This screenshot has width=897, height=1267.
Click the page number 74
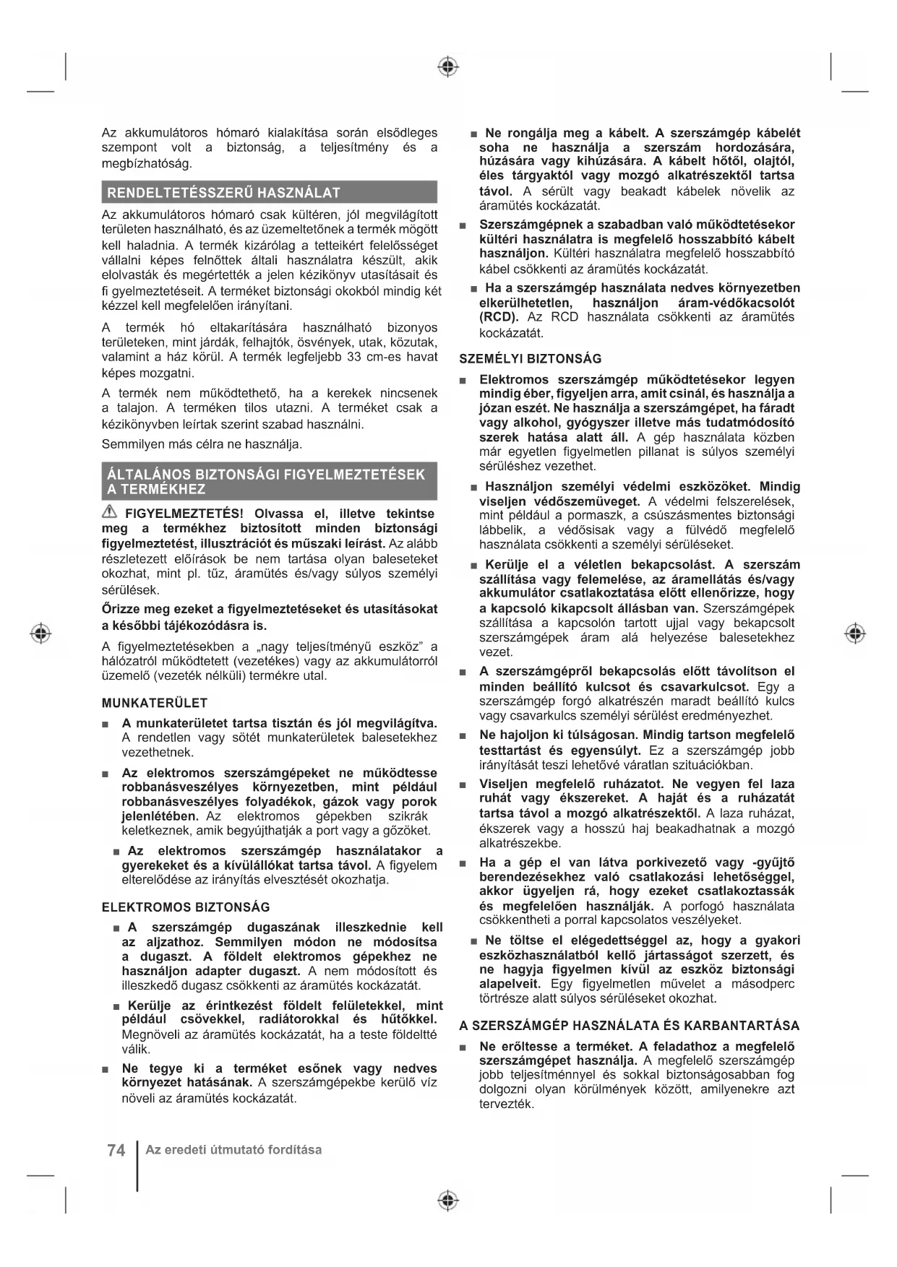[116, 1150]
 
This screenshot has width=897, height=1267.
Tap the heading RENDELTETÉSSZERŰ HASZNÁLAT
[223, 193]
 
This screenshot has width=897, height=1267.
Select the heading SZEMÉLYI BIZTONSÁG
[531, 358]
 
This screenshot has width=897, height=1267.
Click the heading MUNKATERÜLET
[155, 703]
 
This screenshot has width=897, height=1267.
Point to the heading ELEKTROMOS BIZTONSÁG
[186, 907]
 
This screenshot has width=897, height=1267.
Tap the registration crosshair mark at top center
[448, 67]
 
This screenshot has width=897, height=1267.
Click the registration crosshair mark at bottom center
[448, 1201]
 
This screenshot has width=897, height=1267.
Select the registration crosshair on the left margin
[41, 633]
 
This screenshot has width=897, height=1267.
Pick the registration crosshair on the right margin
[855, 633]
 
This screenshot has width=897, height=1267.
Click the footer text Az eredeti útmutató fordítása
[233, 1150]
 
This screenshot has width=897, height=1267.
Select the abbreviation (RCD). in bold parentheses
[499, 317]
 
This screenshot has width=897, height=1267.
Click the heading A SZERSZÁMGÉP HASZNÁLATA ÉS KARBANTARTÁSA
[629, 1026]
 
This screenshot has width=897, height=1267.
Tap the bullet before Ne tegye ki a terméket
[106, 1069]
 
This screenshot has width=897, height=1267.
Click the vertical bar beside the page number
[137, 1165]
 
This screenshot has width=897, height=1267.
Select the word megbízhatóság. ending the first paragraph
[147, 163]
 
